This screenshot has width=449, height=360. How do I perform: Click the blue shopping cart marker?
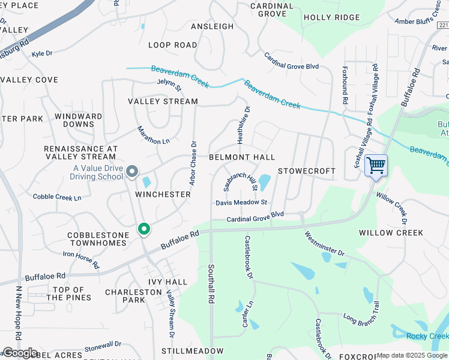[x=376, y=165]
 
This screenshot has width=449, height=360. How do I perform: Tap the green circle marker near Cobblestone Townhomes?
[x=143, y=229]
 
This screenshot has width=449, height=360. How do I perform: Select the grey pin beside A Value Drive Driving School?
[x=132, y=173]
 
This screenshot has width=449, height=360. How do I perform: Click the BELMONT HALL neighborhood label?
[x=242, y=157]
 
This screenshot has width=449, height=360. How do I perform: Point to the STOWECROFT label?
[x=306, y=171]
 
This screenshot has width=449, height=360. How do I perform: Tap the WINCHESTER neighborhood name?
[x=163, y=194]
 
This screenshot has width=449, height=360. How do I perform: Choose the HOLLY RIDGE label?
[x=331, y=17]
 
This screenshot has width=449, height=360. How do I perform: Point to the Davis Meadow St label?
[x=241, y=203]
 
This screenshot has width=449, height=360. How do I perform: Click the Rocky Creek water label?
[x=427, y=336]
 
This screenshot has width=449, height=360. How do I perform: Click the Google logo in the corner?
[x=20, y=353]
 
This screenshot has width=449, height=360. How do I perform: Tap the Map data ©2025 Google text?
[x=412, y=356]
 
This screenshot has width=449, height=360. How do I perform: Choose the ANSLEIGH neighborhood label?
[x=212, y=26]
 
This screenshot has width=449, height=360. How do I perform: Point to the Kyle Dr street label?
[x=42, y=53]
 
